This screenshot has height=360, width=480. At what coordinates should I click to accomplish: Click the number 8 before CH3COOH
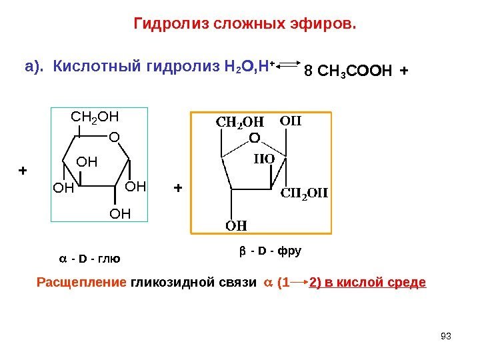307,69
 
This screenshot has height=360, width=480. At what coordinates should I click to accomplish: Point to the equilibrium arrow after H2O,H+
288,65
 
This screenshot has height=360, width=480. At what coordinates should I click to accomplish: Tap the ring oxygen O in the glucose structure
113,136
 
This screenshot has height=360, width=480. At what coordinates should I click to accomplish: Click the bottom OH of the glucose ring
121,213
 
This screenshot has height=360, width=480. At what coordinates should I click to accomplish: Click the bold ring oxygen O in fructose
253,139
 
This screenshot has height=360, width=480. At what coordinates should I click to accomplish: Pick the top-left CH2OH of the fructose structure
238,123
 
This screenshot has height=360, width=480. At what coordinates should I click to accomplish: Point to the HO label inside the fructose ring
267,160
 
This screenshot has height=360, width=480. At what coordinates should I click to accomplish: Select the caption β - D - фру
270,251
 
